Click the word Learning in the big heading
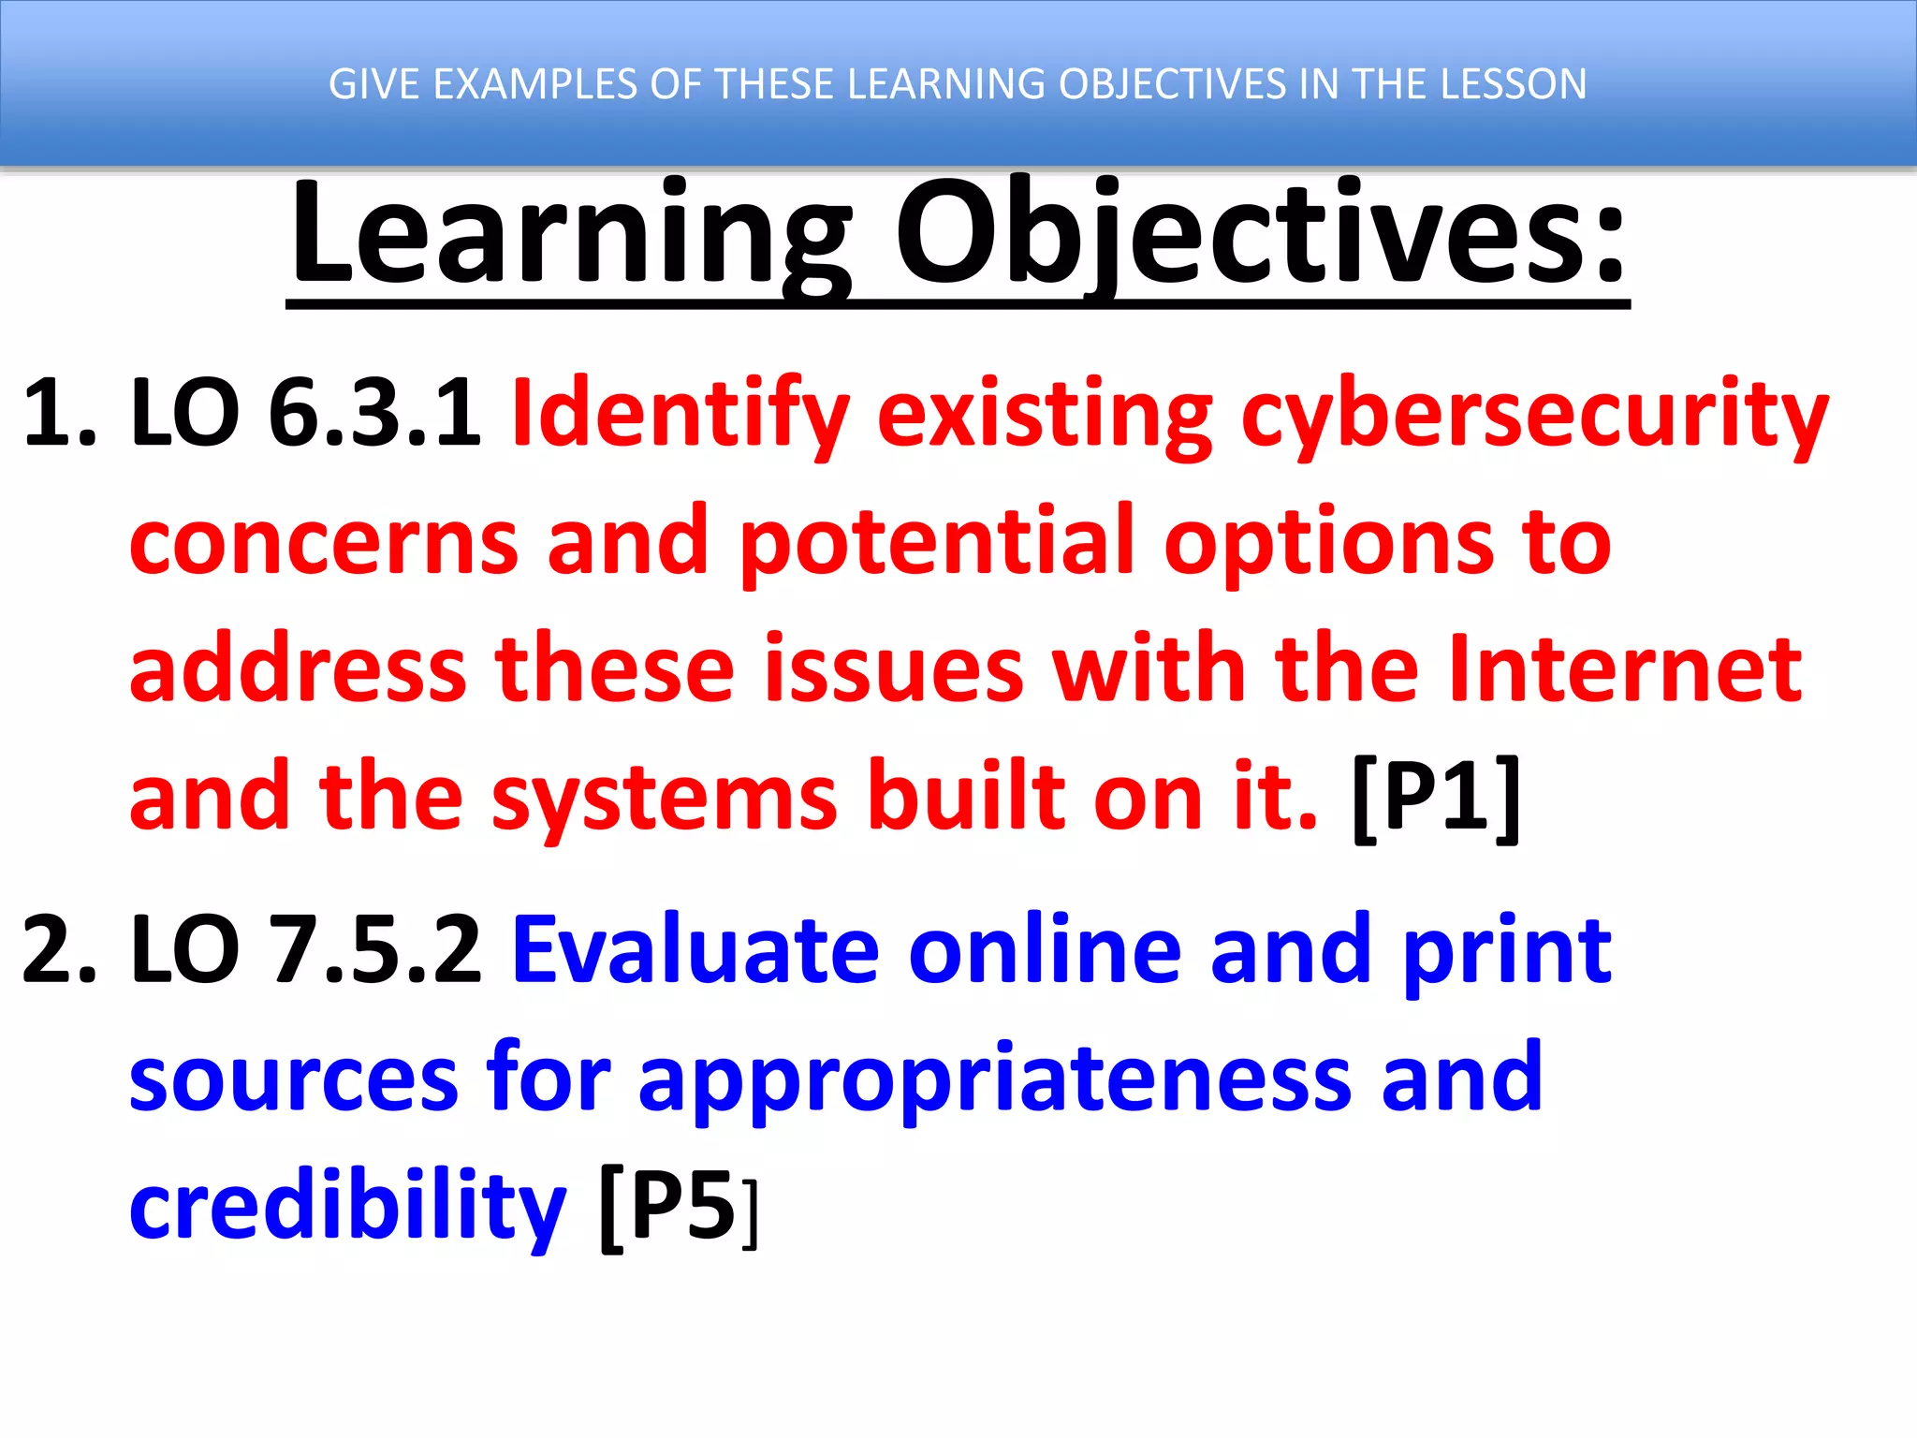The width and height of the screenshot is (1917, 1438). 571,234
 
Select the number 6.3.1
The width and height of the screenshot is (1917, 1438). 374,412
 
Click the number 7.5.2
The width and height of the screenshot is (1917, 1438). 374,950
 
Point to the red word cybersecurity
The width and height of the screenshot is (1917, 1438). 1535,417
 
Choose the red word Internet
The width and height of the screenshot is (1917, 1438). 1625,669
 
